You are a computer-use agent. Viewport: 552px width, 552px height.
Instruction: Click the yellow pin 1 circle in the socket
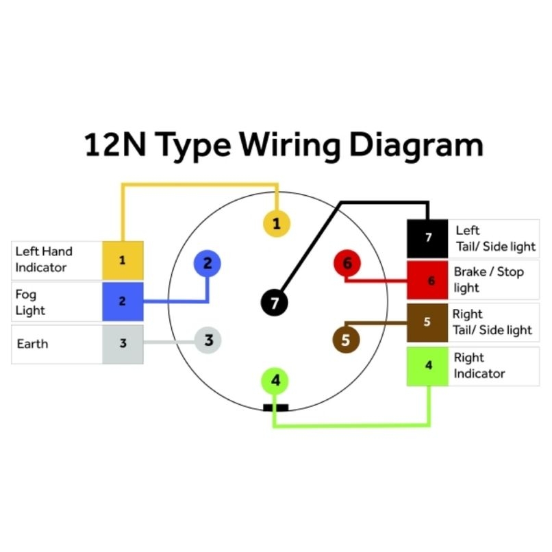(x=277, y=223)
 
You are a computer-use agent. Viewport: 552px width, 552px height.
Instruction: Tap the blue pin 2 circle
(x=208, y=263)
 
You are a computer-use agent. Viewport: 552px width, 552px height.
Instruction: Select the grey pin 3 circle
(x=208, y=340)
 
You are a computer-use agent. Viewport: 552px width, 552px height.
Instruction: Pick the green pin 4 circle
(x=275, y=381)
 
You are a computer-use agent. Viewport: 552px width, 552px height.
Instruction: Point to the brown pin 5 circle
(x=346, y=340)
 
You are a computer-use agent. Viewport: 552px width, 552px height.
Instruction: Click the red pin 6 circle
(x=347, y=263)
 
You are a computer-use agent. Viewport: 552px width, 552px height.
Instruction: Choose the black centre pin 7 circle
(x=274, y=303)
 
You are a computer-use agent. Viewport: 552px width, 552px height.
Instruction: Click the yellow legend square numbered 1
(x=123, y=260)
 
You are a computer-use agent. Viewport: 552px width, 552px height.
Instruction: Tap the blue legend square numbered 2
(x=123, y=302)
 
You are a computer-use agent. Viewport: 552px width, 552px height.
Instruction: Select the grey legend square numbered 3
(x=123, y=344)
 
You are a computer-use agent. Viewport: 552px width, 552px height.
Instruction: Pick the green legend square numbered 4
(x=427, y=366)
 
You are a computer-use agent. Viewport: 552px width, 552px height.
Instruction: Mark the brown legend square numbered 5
(x=427, y=323)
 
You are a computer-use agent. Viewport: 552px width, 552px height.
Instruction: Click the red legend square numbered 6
(x=427, y=280)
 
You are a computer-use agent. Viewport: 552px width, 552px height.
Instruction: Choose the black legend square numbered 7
(x=427, y=239)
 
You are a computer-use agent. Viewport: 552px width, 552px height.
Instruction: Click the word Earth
(x=32, y=344)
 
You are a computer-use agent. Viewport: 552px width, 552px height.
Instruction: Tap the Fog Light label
(x=30, y=303)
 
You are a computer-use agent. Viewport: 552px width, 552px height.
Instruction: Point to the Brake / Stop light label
(x=488, y=280)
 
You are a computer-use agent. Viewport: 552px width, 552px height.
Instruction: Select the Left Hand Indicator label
(x=44, y=260)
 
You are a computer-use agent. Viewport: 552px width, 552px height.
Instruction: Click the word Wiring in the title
(x=290, y=146)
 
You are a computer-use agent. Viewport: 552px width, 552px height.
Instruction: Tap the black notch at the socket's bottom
(x=275, y=407)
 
